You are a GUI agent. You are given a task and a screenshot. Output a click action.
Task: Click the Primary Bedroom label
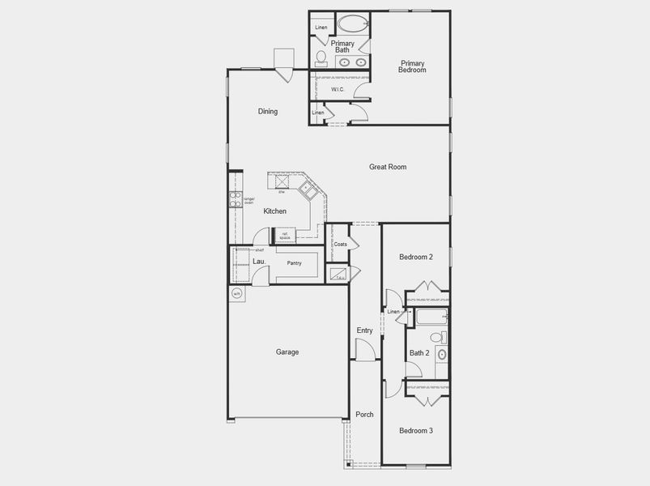[x=412, y=66]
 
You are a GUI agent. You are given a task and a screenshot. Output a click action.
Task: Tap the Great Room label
[x=388, y=167]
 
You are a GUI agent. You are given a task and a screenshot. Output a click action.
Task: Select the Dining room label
[x=268, y=112]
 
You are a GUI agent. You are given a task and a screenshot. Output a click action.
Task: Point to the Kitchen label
[x=274, y=211]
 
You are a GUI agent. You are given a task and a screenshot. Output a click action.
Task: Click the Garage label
[x=287, y=352]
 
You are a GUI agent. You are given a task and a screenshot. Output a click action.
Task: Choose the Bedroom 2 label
[x=416, y=258]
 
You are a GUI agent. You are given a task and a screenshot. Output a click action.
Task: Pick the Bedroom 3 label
[x=416, y=431]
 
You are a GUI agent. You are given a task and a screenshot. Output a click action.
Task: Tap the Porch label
[x=364, y=415]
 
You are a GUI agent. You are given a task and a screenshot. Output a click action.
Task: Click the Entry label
[x=364, y=330]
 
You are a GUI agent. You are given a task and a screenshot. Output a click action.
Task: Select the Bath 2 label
[x=418, y=353]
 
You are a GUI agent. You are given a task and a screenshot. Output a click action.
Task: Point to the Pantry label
[x=294, y=263]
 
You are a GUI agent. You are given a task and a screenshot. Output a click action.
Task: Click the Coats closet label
[x=340, y=244]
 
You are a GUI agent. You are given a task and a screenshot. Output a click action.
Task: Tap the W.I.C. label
[x=338, y=91]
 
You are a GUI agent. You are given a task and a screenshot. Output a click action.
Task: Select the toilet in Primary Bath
[x=321, y=58]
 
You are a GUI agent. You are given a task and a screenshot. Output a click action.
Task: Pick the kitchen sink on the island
[x=308, y=191]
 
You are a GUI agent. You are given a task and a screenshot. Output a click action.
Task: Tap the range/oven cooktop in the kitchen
[x=236, y=199]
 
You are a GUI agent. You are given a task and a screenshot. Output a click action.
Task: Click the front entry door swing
[x=365, y=350]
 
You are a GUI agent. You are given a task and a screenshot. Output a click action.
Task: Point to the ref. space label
[x=284, y=236]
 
